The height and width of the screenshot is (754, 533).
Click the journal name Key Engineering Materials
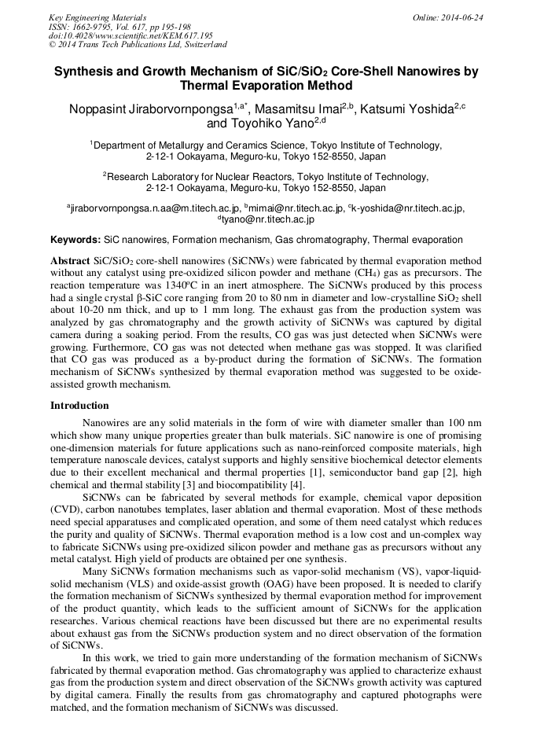(97, 17)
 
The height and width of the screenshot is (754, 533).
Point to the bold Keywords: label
(75, 239)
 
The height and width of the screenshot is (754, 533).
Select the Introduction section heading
(79, 406)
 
